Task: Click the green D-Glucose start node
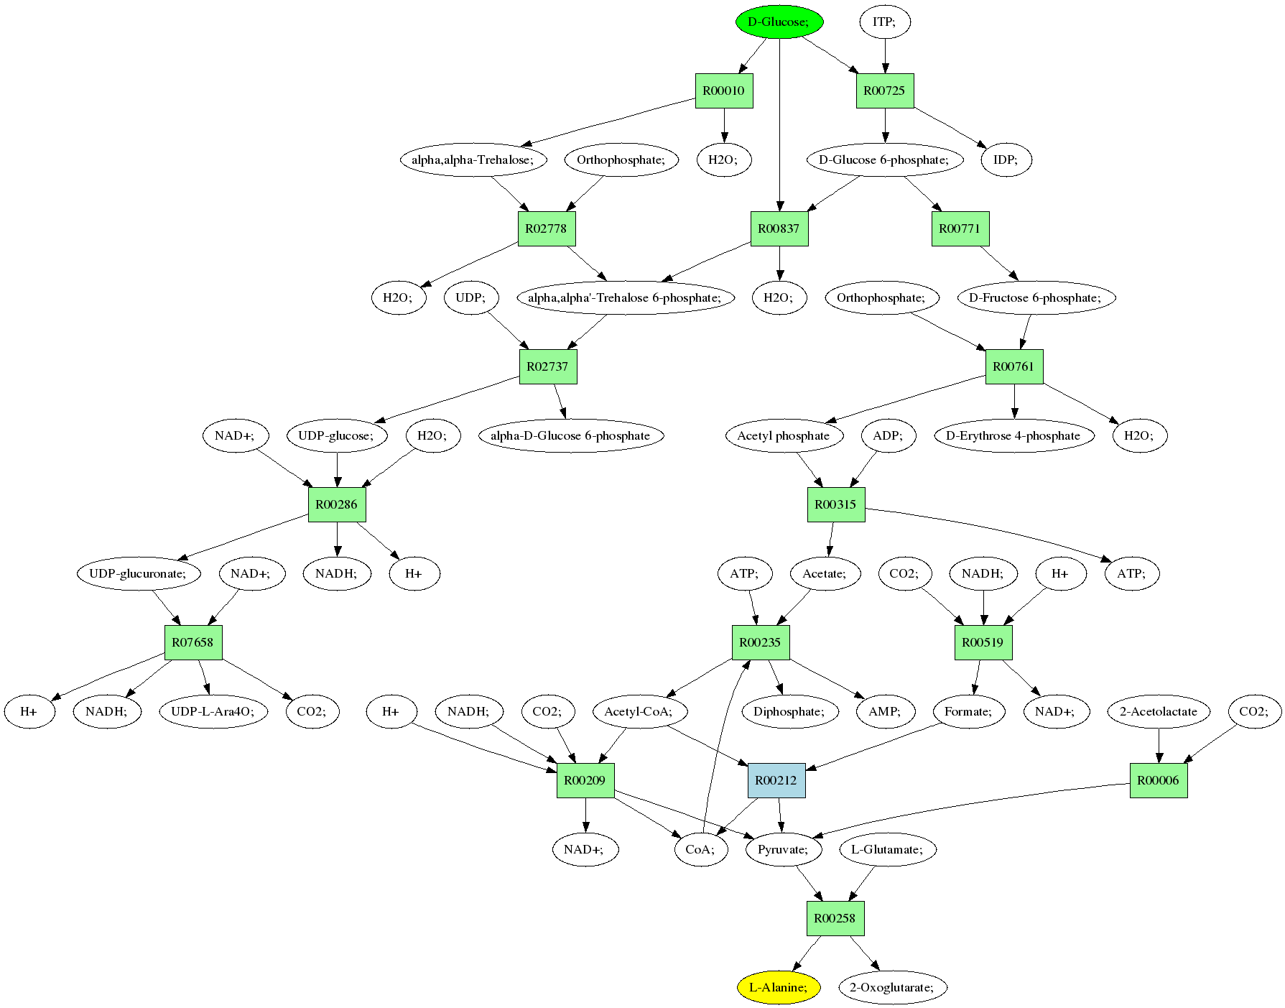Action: tap(779, 22)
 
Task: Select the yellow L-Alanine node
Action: tap(779, 987)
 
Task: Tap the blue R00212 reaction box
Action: tap(776, 780)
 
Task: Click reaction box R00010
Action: tap(724, 91)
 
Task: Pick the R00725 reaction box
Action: tap(885, 91)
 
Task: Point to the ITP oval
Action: tap(885, 22)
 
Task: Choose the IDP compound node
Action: tap(1006, 159)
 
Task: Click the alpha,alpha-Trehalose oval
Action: tap(473, 159)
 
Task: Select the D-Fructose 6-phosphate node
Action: tap(1036, 297)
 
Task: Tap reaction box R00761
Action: tap(1014, 366)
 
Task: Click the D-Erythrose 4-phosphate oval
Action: tap(1014, 435)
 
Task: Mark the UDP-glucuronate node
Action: tap(139, 573)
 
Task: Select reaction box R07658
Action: tap(193, 642)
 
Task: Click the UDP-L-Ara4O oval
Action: tap(213, 711)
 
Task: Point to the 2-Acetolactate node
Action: tap(1159, 711)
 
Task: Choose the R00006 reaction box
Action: tap(1159, 780)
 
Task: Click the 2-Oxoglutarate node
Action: tap(893, 987)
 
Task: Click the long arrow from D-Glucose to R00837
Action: tap(779, 122)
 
